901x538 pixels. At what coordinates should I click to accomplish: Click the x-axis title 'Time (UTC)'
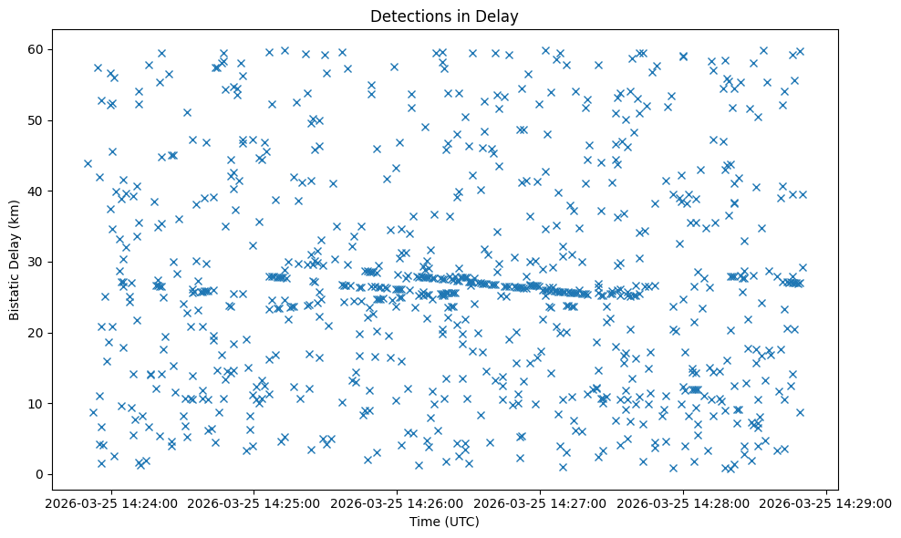(444, 522)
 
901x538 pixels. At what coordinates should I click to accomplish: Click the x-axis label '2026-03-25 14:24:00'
(110, 503)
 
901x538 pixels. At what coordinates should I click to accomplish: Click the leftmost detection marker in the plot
(88, 163)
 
